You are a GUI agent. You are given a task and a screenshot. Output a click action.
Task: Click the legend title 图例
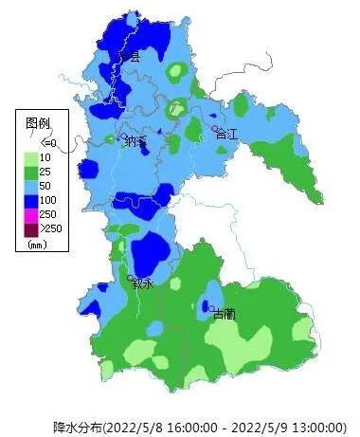pos(38,123)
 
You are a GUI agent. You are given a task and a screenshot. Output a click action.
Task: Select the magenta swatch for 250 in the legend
pos(31,214)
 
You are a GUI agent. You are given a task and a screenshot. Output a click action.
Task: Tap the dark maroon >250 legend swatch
pos(31,228)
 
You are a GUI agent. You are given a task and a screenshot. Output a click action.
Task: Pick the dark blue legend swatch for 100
pos(31,200)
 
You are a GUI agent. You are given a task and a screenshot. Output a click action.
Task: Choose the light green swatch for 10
pos(31,157)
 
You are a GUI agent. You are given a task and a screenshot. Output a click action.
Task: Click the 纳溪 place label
pos(136,142)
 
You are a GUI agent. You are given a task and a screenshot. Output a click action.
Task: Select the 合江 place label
pos(228,135)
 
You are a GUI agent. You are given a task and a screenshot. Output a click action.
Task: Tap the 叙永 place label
pos(143,282)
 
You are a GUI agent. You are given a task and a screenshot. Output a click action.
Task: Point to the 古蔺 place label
pos(225,313)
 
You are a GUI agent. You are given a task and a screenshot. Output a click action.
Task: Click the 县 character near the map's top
pos(134,57)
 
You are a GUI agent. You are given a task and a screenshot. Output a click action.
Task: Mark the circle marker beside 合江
pos(215,130)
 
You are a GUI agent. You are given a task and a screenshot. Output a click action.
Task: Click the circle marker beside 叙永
pos(131,277)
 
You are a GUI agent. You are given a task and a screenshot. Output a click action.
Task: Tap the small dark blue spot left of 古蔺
pos(207,307)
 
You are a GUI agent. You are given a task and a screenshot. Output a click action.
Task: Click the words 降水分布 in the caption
pos(77,426)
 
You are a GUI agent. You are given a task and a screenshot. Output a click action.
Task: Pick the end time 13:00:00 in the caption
pos(321,426)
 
